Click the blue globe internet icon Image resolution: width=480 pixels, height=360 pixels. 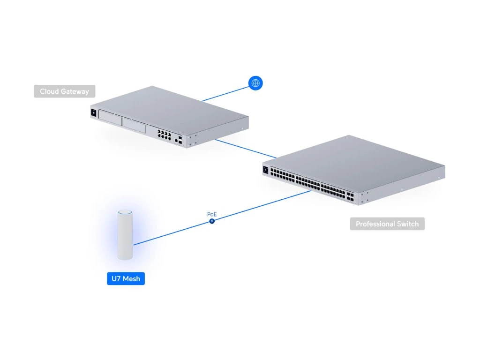point(255,83)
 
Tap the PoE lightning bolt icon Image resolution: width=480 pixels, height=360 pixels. point(212,221)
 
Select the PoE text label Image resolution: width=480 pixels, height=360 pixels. point(212,214)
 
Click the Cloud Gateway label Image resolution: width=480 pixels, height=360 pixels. point(64,91)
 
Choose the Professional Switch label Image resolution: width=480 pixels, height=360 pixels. point(387,224)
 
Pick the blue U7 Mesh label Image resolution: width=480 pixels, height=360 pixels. point(126,279)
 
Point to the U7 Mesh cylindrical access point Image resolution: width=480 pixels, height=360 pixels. point(125,237)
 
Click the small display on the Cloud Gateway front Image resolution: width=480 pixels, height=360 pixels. point(93,113)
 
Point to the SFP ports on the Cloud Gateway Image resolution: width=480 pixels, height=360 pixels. point(180,139)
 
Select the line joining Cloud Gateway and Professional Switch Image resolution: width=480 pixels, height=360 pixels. point(246,148)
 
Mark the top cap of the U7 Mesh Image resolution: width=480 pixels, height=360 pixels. point(125,213)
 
